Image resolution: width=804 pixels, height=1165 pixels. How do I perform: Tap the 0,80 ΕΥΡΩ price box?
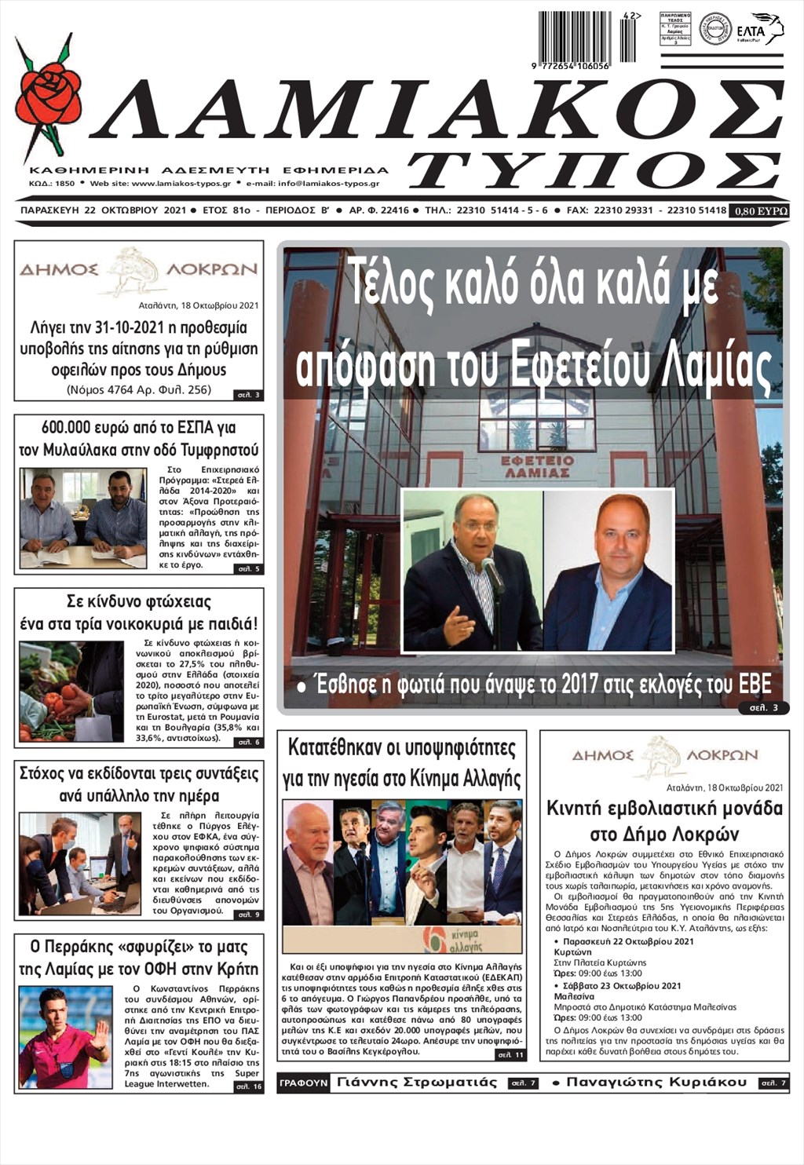(758, 211)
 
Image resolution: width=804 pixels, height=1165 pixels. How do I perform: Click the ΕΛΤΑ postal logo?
(759, 29)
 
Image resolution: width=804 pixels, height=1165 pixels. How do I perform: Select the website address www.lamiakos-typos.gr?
(181, 184)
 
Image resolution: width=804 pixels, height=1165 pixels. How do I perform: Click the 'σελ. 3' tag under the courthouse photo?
(762, 707)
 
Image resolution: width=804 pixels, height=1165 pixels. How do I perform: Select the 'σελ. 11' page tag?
(510, 1054)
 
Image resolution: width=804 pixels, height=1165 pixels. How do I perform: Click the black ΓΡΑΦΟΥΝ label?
(303, 1083)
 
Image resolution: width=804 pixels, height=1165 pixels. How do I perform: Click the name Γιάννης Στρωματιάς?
(417, 1083)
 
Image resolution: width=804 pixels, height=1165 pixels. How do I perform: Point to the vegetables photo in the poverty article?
(71, 691)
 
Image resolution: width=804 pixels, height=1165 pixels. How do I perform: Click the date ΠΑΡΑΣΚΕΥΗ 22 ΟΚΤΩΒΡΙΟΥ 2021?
(103, 210)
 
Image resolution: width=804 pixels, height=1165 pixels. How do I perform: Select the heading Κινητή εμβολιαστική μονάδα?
(664, 809)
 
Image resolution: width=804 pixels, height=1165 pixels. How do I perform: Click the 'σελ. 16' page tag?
(248, 1086)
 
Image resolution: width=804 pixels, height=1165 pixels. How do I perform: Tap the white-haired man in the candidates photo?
(307, 864)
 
